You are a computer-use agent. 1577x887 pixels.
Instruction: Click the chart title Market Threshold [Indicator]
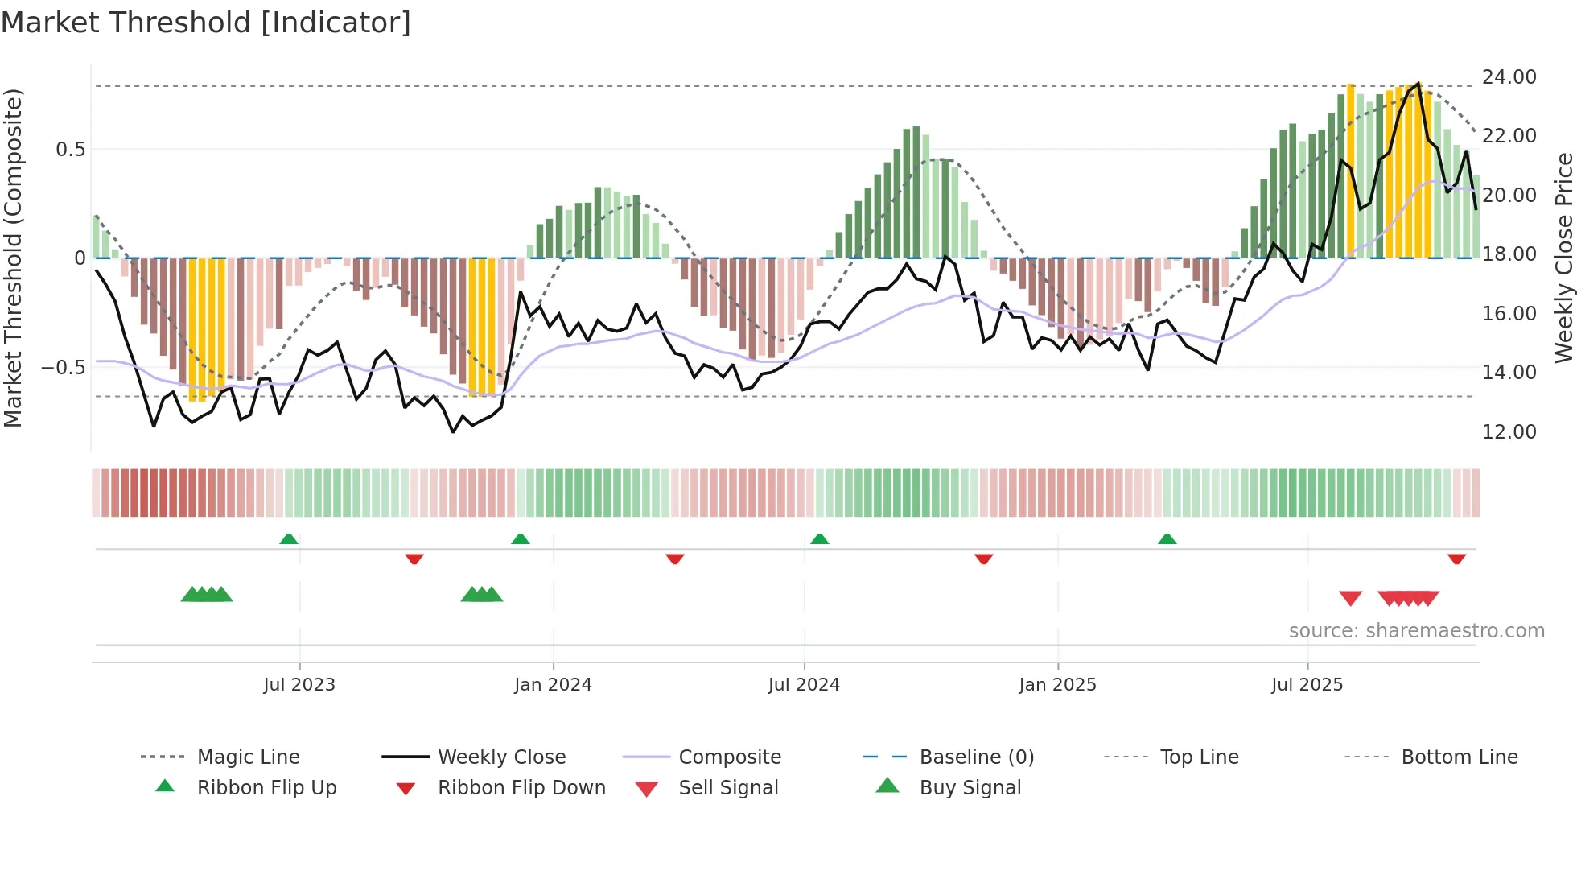(x=206, y=23)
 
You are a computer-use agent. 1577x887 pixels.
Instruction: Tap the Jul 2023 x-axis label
(x=299, y=684)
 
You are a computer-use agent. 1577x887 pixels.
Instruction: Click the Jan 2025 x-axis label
(x=1057, y=684)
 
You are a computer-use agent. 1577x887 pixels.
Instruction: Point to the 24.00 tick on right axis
(x=1509, y=76)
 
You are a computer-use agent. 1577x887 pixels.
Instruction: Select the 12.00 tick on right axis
(x=1509, y=431)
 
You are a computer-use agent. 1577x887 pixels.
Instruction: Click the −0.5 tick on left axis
(x=63, y=367)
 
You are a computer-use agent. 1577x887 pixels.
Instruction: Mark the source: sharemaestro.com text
(x=1416, y=630)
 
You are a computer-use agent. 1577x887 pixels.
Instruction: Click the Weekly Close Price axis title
(x=1563, y=258)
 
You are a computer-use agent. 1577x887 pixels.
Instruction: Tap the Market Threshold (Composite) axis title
(x=13, y=258)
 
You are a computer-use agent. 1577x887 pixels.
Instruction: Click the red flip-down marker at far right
(x=1456, y=559)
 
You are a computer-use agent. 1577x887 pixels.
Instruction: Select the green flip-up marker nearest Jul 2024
(x=819, y=538)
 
